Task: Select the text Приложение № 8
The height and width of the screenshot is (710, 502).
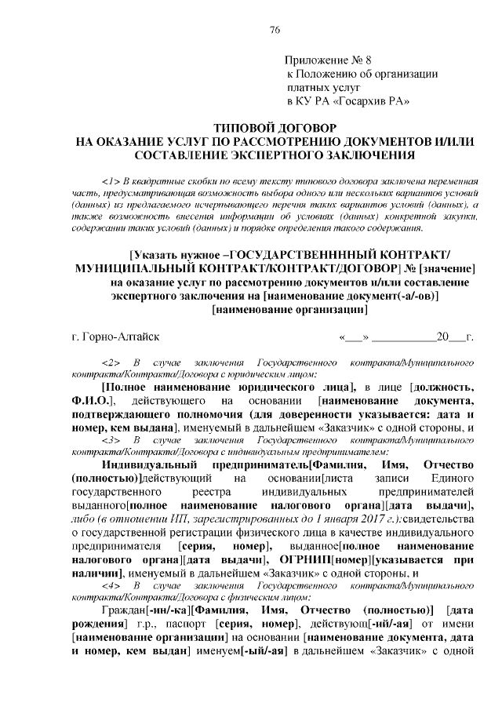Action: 322,60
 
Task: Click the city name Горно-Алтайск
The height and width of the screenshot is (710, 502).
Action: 115,337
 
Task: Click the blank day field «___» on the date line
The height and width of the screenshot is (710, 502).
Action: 351,337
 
